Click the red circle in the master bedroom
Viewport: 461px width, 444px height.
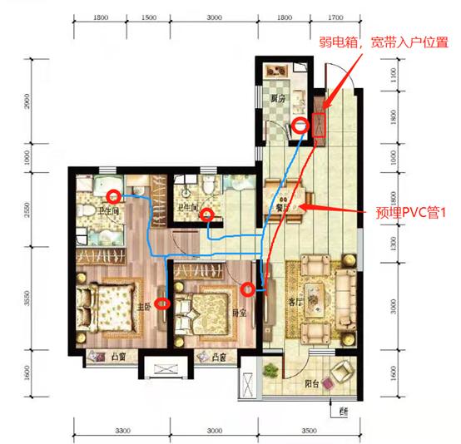coord(164,303)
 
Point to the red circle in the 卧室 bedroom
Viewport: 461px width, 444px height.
coord(247,289)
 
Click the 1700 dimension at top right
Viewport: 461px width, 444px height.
coord(335,16)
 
